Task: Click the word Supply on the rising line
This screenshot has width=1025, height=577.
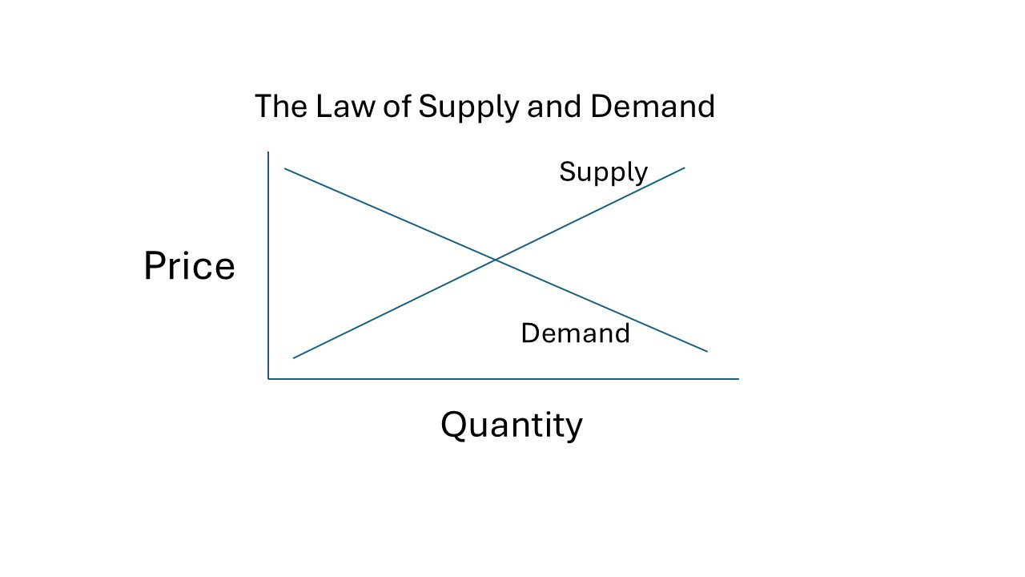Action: pos(603,172)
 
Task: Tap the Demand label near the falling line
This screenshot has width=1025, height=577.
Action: pos(575,333)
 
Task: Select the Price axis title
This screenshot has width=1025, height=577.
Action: pos(189,266)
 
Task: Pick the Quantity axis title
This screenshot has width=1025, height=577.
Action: pos(511,425)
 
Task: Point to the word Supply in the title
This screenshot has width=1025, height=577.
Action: pos(468,107)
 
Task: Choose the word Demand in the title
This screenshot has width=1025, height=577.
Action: pos(652,106)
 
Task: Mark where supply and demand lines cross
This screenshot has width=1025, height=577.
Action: pos(495,260)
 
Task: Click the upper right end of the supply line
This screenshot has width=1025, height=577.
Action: pos(685,167)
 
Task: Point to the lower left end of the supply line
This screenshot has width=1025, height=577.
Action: pos(294,358)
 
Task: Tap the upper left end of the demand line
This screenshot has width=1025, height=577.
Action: pos(285,169)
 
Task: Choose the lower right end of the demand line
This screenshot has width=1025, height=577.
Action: pos(708,352)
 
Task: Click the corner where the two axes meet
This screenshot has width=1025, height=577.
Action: pos(268,379)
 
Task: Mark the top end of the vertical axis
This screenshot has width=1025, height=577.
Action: pos(268,151)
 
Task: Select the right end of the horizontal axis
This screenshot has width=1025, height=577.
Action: pos(738,379)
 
